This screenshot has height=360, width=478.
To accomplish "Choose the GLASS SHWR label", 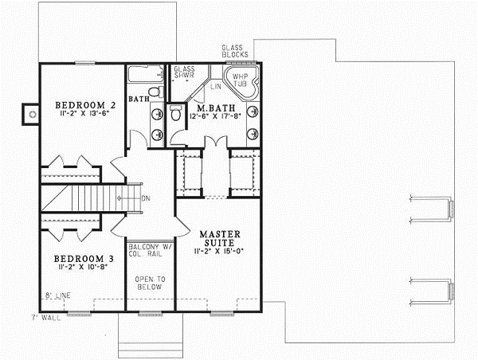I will pos(185,73).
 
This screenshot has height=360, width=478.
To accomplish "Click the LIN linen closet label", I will pos(216,84).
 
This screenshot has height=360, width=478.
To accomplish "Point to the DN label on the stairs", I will pos(146,199).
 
